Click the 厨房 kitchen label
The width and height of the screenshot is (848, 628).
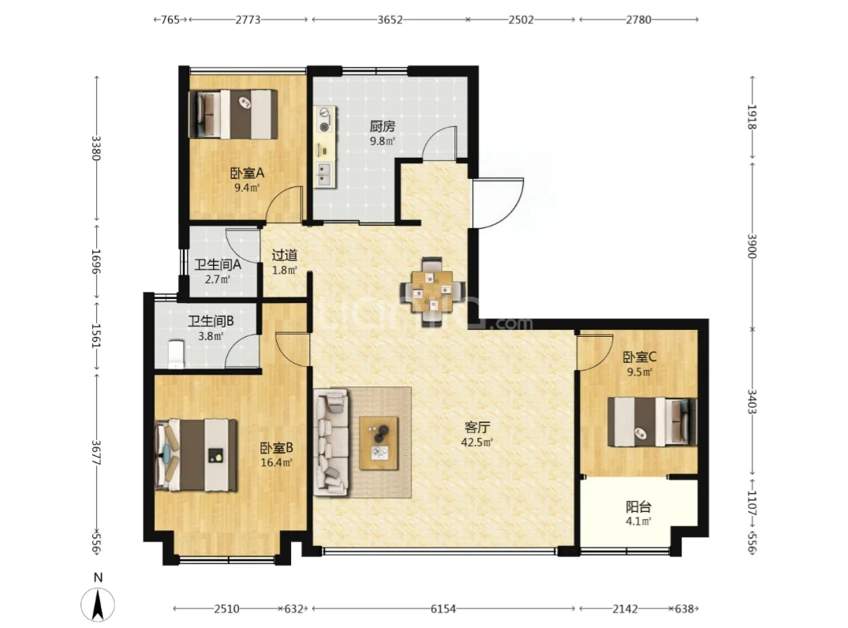tap(383, 126)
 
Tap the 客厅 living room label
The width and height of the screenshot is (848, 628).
tap(477, 428)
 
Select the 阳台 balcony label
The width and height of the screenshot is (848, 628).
tap(638, 507)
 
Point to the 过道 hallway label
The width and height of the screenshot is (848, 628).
tap(285, 255)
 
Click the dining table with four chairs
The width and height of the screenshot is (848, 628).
tap(432, 292)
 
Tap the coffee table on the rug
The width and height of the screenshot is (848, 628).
tap(379, 443)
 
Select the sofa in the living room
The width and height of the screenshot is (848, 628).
tap(331, 442)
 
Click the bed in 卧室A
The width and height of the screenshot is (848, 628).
tap(233, 114)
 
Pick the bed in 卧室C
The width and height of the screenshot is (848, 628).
tap(652, 422)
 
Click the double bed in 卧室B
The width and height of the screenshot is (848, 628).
tap(196, 455)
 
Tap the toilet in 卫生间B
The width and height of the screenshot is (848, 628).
tap(176, 354)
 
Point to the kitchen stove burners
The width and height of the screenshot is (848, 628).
tap(324, 120)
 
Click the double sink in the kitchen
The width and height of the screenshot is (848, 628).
tap(324, 174)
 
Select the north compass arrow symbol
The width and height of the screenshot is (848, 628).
tap(98, 604)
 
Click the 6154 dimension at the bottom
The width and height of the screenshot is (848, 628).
tap(443, 609)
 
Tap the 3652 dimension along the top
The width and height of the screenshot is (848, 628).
tap(390, 20)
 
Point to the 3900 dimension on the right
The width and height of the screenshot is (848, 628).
tap(751, 245)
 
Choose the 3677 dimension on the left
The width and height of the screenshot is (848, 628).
tap(95, 453)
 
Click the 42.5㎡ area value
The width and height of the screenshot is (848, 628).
tap(476, 443)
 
